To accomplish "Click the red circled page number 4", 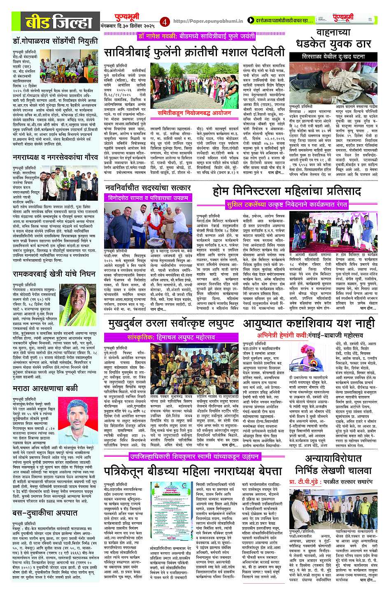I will pyautogui.click(x=165, y=21).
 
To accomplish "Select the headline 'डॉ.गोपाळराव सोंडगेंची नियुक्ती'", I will pyautogui.click(x=55, y=41).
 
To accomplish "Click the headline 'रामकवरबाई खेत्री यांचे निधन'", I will pyautogui.click(x=54, y=274).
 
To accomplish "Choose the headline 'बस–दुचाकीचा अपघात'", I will pyautogui.click(x=45, y=513).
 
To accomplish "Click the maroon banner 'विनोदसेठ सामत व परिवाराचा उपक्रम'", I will pyautogui.click(x=148, y=198).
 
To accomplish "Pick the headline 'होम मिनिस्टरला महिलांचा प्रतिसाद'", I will pyautogui.click(x=287, y=191).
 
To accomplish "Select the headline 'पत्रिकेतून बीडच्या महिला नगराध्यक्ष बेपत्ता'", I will pyautogui.click(x=193, y=470).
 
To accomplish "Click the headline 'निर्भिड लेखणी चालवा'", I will pyautogui.click(x=333, y=470).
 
